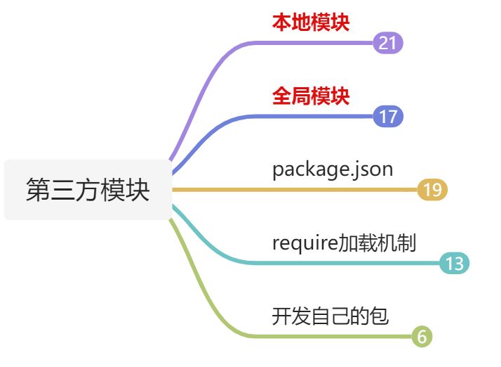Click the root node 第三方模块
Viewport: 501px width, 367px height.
(x=88, y=190)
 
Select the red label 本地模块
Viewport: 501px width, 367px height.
(x=311, y=22)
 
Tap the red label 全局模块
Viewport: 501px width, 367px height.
(x=311, y=96)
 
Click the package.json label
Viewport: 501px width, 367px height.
(x=333, y=169)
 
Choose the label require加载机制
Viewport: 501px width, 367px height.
(x=344, y=243)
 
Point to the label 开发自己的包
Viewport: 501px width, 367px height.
(x=330, y=316)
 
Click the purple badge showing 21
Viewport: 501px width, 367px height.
(x=388, y=43)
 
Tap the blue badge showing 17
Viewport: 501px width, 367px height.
(x=388, y=116)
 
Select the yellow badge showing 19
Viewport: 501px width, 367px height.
(x=432, y=190)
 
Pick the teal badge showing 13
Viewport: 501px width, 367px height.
(x=454, y=264)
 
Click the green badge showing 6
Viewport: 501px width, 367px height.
(x=421, y=337)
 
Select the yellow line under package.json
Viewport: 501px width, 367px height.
(x=295, y=190)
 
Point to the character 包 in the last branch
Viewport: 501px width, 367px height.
(x=380, y=316)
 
